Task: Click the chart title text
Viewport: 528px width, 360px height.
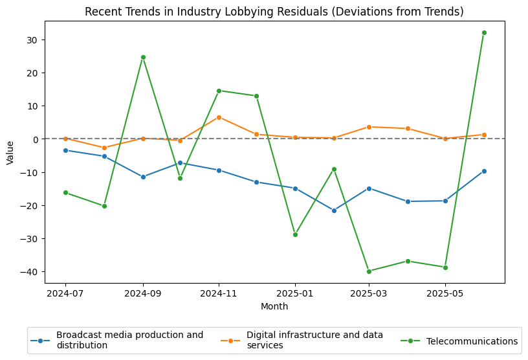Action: [x=274, y=12]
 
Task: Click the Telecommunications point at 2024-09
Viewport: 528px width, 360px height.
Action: [x=143, y=57]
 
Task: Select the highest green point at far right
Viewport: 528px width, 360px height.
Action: [x=484, y=32]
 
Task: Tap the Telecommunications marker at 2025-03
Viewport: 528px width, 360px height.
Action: [x=369, y=271]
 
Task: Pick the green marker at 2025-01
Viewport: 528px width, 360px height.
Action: [x=295, y=234]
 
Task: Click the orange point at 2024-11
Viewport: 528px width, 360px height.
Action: [x=219, y=117]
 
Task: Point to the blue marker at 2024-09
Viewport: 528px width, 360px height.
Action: [x=143, y=177]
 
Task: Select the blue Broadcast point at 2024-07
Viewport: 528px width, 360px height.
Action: [x=65, y=150]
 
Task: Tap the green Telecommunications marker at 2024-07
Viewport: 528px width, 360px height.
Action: [x=65, y=192]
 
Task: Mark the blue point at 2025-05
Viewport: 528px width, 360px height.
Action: [x=445, y=201]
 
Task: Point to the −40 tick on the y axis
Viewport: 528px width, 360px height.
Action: [x=30, y=272]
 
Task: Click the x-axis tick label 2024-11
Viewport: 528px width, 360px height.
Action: [x=219, y=293]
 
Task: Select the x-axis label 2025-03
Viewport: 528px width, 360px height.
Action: [x=369, y=293]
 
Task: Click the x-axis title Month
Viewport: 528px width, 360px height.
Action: [x=274, y=306]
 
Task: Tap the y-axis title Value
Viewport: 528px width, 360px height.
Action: [x=10, y=153]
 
